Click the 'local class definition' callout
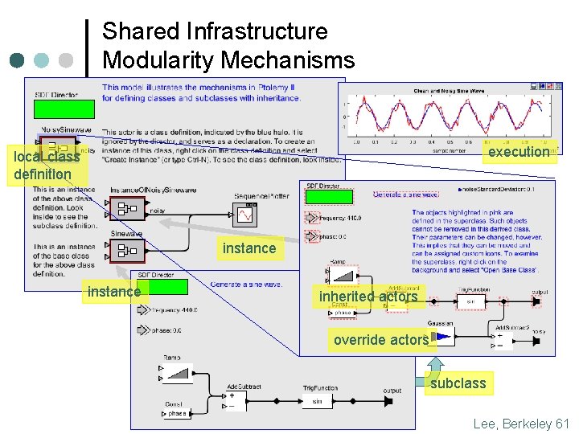[x=47, y=165]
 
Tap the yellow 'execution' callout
[x=519, y=152]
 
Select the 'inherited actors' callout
[x=368, y=297]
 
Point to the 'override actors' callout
[x=381, y=340]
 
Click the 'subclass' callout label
[x=458, y=383]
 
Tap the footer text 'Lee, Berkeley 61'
[x=520, y=423]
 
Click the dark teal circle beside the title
[x=18, y=60]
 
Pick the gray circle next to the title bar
[x=66, y=60]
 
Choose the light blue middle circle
[x=42, y=60]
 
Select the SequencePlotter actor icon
[x=244, y=214]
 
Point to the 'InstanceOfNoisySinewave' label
[x=153, y=190]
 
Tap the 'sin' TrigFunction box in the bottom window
[x=317, y=400]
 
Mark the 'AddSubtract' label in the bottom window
[x=244, y=387]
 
